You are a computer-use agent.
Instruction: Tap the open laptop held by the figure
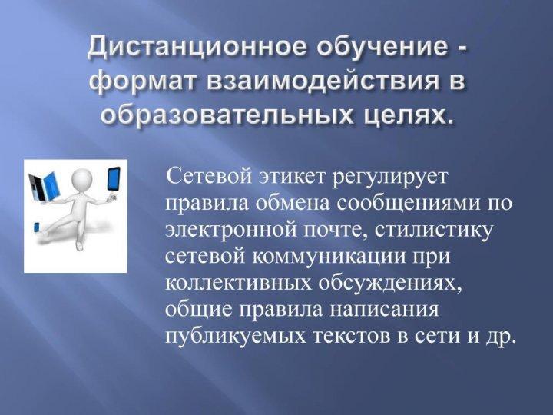pyautogui.click(x=43, y=186)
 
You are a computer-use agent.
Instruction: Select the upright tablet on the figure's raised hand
pyautogui.click(x=113, y=180)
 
